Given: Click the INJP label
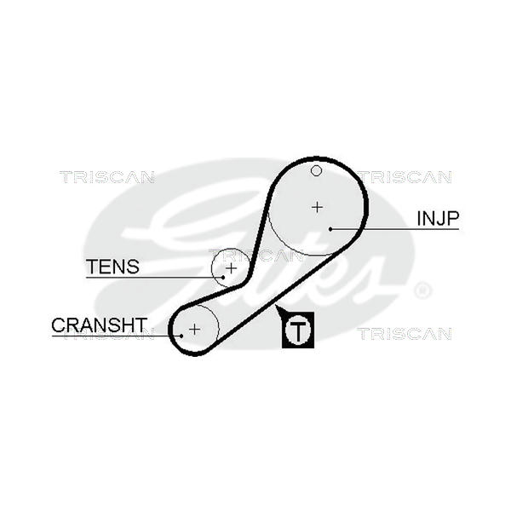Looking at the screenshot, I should (x=438, y=218).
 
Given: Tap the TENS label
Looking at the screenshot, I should (x=112, y=267).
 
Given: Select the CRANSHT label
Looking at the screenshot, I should (x=99, y=324).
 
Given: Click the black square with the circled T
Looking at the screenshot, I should (x=298, y=330).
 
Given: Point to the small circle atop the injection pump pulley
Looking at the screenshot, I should (x=316, y=171).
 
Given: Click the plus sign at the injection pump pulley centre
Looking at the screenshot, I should (x=317, y=206).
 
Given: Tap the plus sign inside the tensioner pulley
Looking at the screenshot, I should (x=230, y=267).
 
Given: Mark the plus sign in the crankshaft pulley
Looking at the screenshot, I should (x=194, y=328).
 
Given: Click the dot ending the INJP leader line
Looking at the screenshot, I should (x=330, y=228).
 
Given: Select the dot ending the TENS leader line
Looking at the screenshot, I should (x=223, y=277).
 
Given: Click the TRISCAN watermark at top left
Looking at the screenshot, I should (x=106, y=177).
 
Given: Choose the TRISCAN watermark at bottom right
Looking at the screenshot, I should (x=404, y=334).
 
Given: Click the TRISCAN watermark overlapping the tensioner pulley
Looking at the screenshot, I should (x=255, y=254).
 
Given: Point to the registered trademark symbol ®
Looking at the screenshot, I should (x=422, y=290).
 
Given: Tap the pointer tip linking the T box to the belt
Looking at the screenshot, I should (x=277, y=307).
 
